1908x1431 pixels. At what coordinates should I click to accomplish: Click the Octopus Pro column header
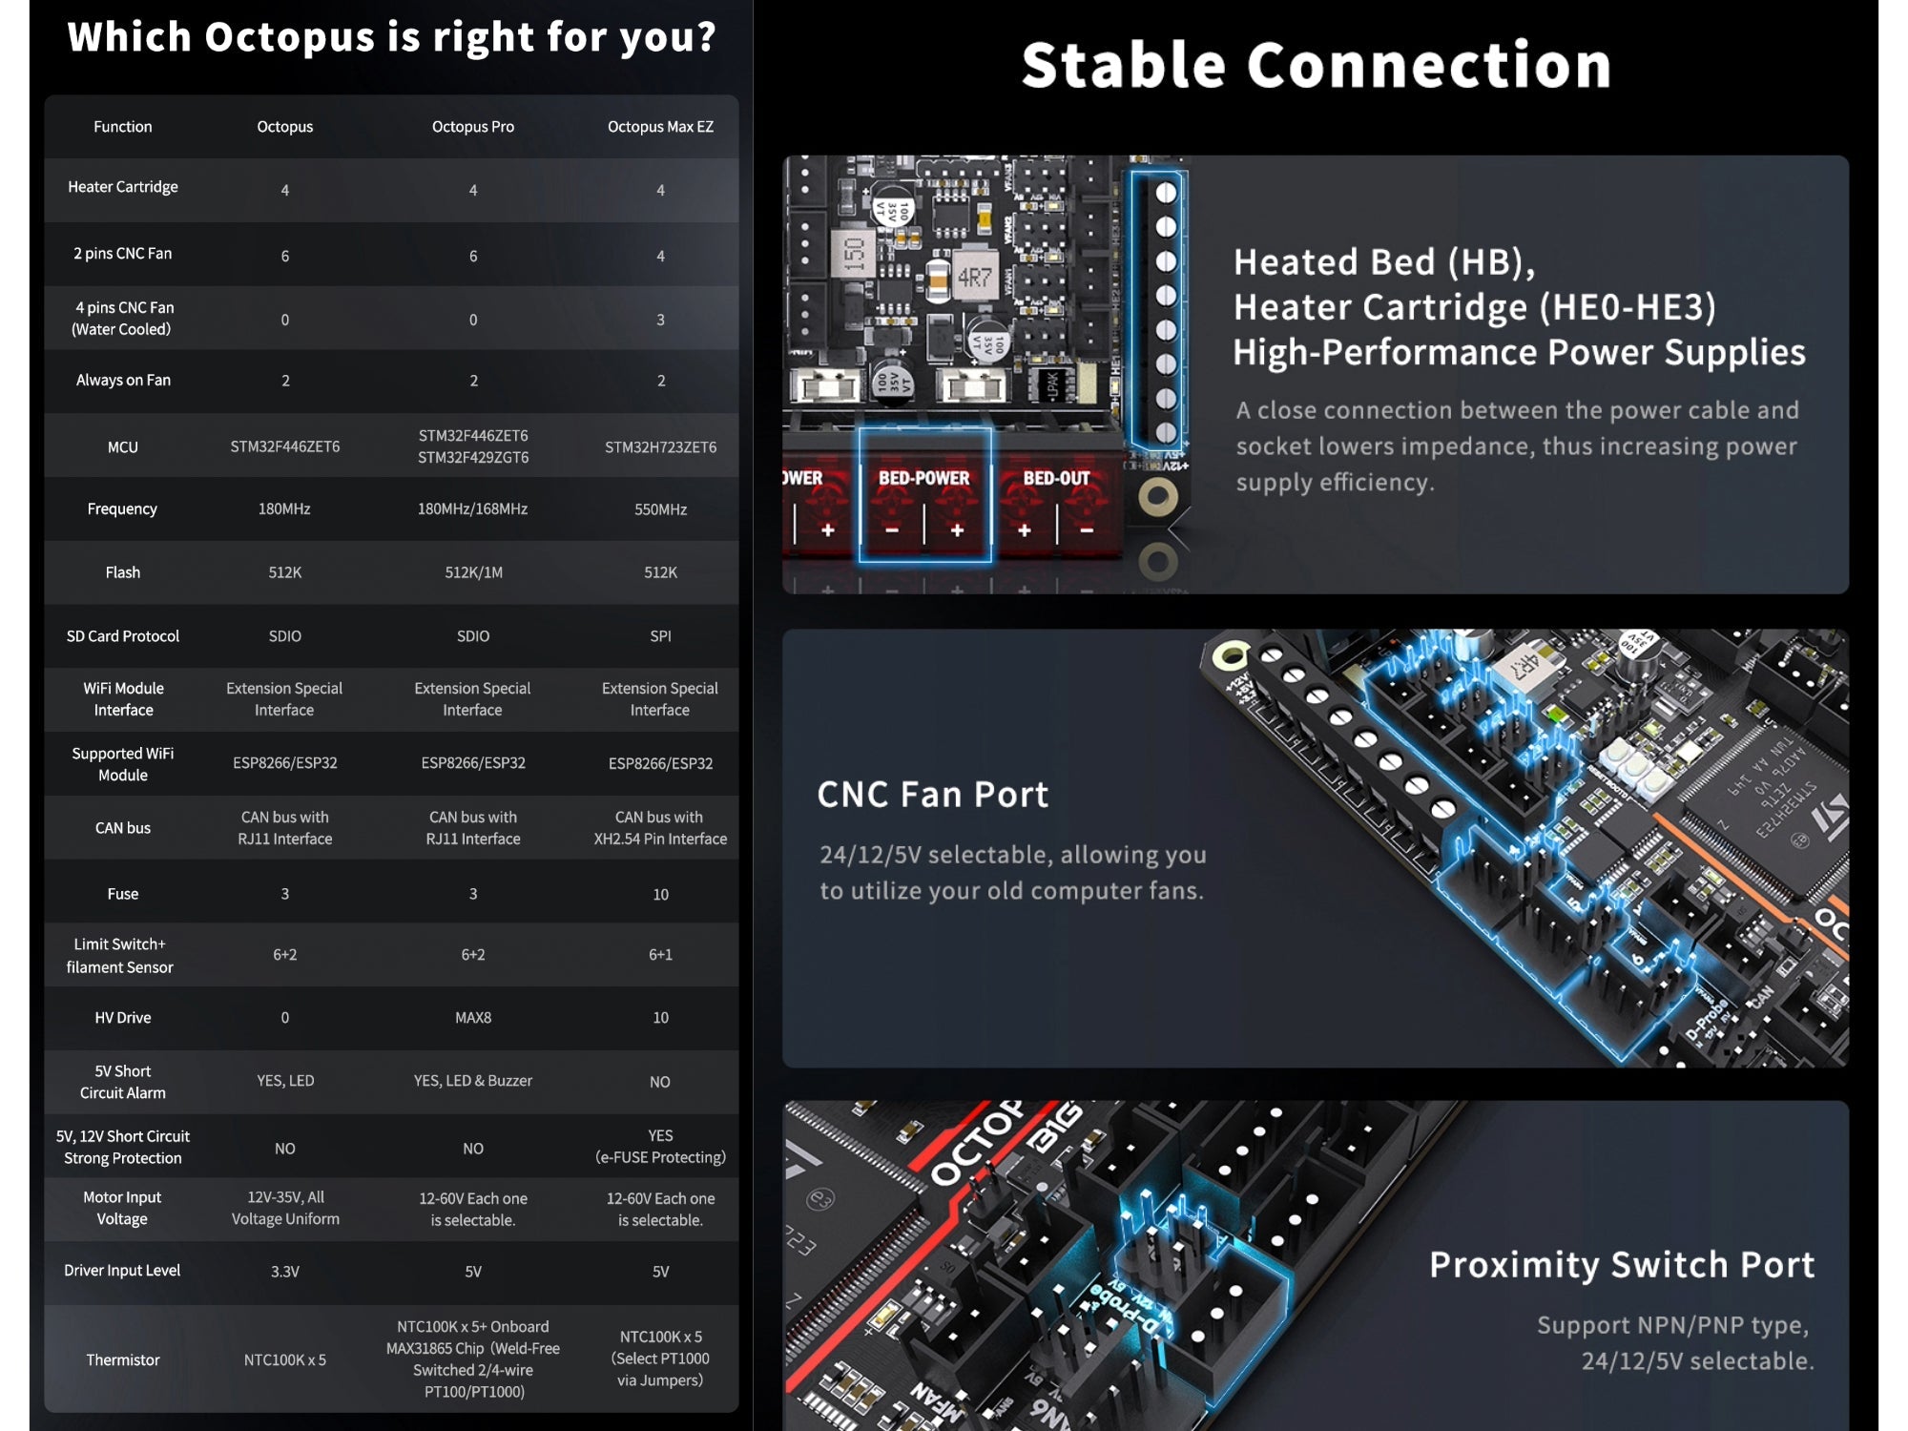[x=472, y=127]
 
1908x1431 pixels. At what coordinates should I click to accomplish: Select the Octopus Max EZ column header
[x=660, y=127]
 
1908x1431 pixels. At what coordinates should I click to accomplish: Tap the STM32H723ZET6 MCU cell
[x=660, y=446]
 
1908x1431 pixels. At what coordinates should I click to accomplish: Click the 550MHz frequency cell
[x=660, y=509]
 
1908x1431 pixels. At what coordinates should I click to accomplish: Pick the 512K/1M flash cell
[x=473, y=572]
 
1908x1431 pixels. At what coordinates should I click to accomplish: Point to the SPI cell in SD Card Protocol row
[x=660, y=636]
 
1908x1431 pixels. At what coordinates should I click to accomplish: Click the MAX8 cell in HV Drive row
[x=473, y=1018]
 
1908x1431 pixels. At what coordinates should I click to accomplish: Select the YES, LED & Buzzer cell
[x=473, y=1081]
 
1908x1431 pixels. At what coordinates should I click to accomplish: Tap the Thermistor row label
[x=123, y=1359]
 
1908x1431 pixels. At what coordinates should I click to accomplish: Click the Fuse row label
[x=123, y=894]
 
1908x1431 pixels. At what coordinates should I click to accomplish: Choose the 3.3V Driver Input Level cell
[x=284, y=1272]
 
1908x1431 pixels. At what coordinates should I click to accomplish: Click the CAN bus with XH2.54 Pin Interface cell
[x=660, y=828]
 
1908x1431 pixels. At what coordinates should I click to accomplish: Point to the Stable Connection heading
[x=1317, y=66]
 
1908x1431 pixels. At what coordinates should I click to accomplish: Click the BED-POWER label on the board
[x=923, y=478]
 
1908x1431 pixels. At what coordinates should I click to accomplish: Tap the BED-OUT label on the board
[x=1056, y=478]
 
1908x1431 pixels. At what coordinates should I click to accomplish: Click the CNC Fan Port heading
[x=932, y=795]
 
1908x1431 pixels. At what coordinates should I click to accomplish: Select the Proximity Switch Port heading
[x=1621, y=1264]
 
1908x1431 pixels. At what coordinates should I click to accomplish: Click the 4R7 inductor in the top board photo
[x=974, y=278]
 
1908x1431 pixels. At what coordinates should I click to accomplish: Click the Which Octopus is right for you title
[x=391, y=37]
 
